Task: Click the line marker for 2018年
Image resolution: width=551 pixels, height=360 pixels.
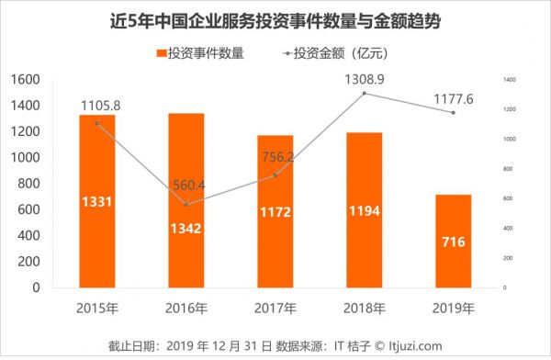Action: [364, 94]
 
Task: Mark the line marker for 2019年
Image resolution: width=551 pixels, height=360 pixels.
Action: [452, 113]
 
